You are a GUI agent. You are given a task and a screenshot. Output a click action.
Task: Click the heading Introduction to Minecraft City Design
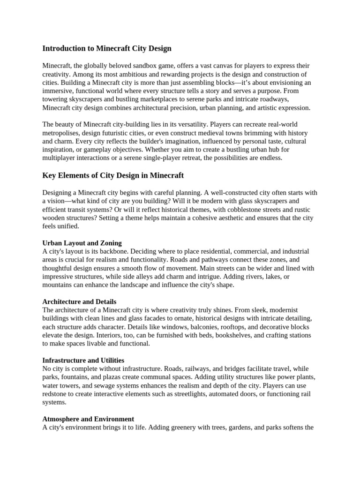click(x=107, y=48)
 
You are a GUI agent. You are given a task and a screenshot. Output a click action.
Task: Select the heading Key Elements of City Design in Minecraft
click(x=113, y=175)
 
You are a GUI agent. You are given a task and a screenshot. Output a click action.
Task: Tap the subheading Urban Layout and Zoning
click(x=82, y=243)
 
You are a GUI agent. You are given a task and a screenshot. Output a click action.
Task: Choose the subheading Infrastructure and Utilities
click(x=83, y=360)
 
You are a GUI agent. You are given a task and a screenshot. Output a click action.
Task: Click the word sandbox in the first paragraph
click(x=149, y=66)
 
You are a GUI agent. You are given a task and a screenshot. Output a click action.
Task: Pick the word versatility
click(x=191, y=125)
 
